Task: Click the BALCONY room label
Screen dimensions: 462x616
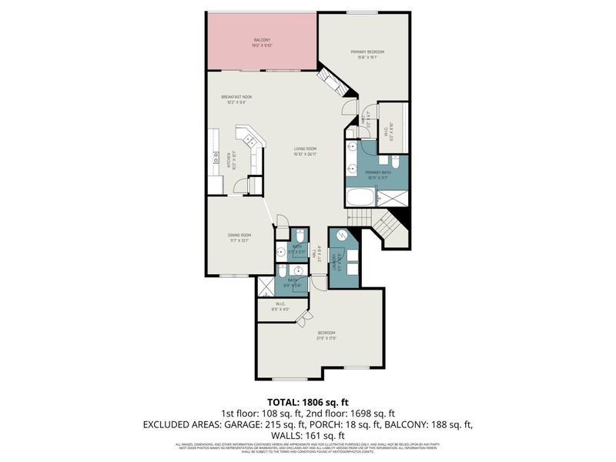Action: (262, 42)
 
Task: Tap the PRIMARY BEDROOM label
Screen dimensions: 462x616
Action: (367, 54)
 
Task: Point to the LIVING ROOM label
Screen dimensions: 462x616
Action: (306, 151)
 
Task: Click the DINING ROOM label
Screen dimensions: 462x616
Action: (239, 237)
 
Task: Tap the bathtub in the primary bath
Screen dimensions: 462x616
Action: (360, 198)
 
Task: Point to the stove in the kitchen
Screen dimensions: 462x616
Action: (210, 159)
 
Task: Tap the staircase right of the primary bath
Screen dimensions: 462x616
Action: (387, 227)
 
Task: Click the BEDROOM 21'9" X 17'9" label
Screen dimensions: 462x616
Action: (326, 336)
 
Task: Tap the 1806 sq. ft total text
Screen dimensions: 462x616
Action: (307, 402)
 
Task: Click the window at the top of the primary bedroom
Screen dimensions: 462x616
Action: (357, 12)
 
